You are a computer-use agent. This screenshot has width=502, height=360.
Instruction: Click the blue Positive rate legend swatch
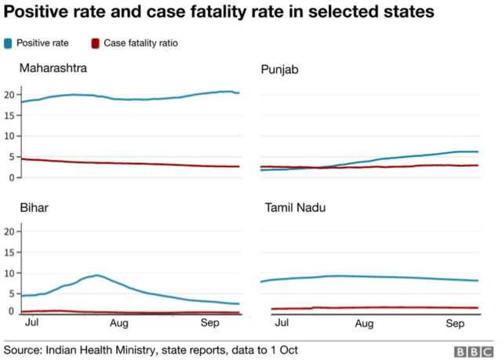pyautogui.click(x=8, y=43)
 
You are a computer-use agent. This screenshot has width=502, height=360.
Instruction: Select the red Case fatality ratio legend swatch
pyautogui.click(x=96, y=43)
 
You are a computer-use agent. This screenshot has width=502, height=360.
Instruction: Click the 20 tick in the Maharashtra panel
pyautogui.click(x=9, y=95)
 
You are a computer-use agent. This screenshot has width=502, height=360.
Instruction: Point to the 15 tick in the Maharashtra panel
pyautogui.click(x=9, y=115)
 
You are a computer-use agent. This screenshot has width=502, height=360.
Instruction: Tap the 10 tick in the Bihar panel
pyautogui.click(x=9, y=273)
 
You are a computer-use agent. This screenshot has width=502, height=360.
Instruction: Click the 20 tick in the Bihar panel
pyautogui.click(x=9, y=231)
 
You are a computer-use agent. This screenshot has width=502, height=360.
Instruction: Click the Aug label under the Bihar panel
pyautogui.click(x=119, y=322)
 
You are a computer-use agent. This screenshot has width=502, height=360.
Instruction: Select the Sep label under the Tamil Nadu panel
pyautogui.click(x=456, y=322)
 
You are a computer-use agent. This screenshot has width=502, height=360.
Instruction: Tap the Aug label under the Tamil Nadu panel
pyautogui.click(x=364, y=322)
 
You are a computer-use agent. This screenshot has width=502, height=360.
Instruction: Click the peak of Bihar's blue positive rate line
pyautogui.click(x=96, y=275)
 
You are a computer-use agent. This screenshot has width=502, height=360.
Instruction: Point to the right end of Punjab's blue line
pyautogui.click(x=478, y=151)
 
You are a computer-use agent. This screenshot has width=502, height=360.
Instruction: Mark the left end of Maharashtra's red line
pyautogui.click(x=21, y=159)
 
